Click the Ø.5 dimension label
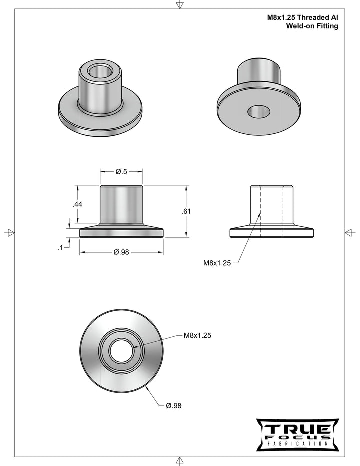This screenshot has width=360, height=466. (121, 172)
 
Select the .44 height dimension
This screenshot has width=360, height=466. (77, 204)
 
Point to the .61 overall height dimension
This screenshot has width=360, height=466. (186, 211)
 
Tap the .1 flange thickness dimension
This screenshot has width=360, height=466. (60, 247)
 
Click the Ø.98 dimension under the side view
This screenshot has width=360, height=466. (121, 252)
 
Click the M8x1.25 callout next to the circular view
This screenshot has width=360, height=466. (197, 336)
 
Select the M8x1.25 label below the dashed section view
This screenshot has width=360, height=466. (217, 263)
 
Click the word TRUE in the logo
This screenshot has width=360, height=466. (297, 429)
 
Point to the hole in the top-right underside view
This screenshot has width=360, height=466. (258, 112)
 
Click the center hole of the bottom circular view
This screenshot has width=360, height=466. (121, 351)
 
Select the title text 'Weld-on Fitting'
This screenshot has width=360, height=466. (312, 26)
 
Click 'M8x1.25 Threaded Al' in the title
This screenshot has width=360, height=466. (303, 17)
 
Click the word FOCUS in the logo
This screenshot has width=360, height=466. (297, 437)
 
